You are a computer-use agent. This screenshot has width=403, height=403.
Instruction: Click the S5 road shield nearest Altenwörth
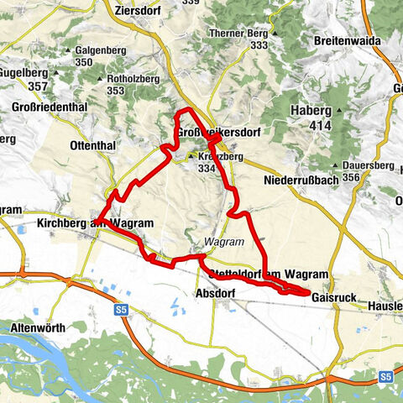pyautogui.click(x=120, y=310)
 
